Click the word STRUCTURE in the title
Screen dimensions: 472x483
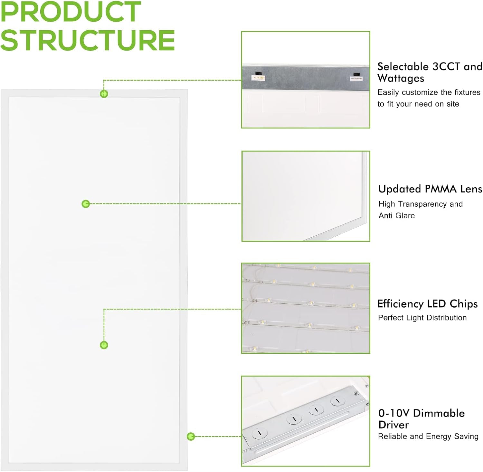tap(88, 40)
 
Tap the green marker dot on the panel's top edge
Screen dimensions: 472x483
tap(104, 94)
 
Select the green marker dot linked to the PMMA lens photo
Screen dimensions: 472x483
tap(86, 204)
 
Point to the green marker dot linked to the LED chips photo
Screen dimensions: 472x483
tap(104, 345)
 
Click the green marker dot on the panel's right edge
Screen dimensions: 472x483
tap(191, 437)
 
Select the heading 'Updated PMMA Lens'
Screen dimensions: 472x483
tap(430, 189)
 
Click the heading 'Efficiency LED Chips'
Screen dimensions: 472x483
tap(427, 304)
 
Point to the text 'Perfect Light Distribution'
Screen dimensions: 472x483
tap(422, 318)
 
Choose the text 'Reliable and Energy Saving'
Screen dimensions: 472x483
tap(428, 437)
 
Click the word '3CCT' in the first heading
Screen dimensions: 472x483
tap(446, 66)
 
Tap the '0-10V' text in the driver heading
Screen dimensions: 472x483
tap(394, 413)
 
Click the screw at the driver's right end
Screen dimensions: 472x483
tap(356, 393)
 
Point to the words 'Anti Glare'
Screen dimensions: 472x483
tap(396, 216)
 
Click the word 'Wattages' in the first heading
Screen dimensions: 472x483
tap(401, 78)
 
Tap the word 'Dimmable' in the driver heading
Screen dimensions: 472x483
tap(439, 413)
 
